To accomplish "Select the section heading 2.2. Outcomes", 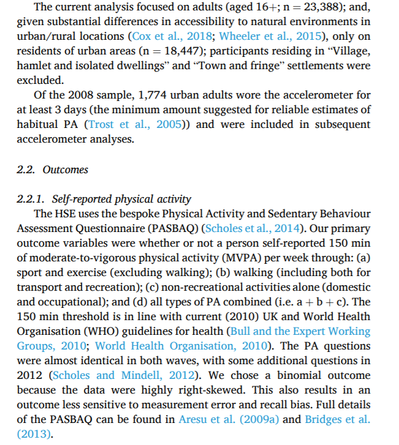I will [x=52, y=170].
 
